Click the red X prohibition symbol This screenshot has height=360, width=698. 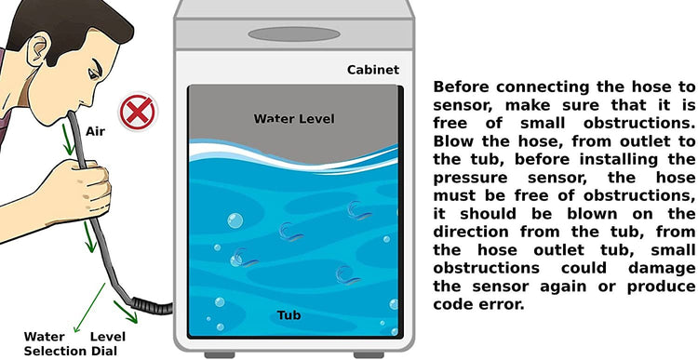click(138, 112)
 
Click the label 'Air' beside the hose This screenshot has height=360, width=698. click(95, 132)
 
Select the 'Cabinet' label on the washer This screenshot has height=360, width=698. click(373, 70)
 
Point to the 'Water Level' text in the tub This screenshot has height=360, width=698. click(294, 119)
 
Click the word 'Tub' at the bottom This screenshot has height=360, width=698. click(289, 315)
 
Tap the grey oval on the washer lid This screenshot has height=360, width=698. click(294, 34)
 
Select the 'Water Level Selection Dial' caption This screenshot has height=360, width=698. click(74, 343)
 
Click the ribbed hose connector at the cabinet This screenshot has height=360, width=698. click(152, 306)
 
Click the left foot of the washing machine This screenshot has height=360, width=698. click(220, 355)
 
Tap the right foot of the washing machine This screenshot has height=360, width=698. click(369, 355)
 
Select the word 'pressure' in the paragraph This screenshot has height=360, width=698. click(471, 179)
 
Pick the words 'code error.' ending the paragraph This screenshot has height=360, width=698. click(477, 304)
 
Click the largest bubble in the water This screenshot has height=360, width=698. click(235, 220)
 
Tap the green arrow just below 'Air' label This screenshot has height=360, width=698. click(67, 140)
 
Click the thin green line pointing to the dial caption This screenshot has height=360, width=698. click(90, 307)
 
